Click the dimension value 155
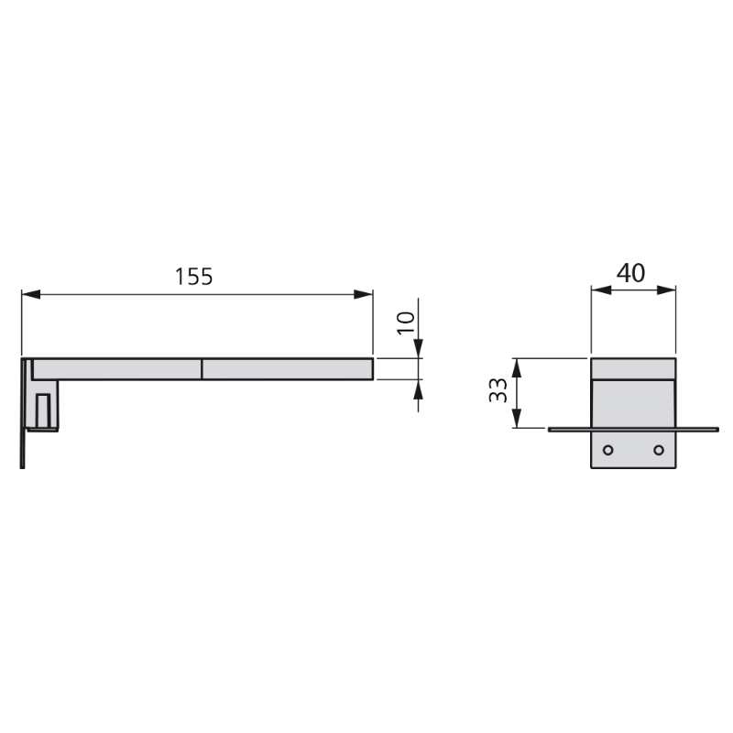(x=194, y=276)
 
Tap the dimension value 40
(x=630, y=272)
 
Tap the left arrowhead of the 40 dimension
(x=599, y=290)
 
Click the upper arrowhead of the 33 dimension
(x=518, y=366)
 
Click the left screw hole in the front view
(x=607, y=450)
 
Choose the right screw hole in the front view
(x=659, y=450)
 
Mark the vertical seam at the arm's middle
(x=202, y=368)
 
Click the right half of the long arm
(x=287, y=368)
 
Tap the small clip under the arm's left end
(x=43, y=410)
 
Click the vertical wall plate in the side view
(x=22, y=412)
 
